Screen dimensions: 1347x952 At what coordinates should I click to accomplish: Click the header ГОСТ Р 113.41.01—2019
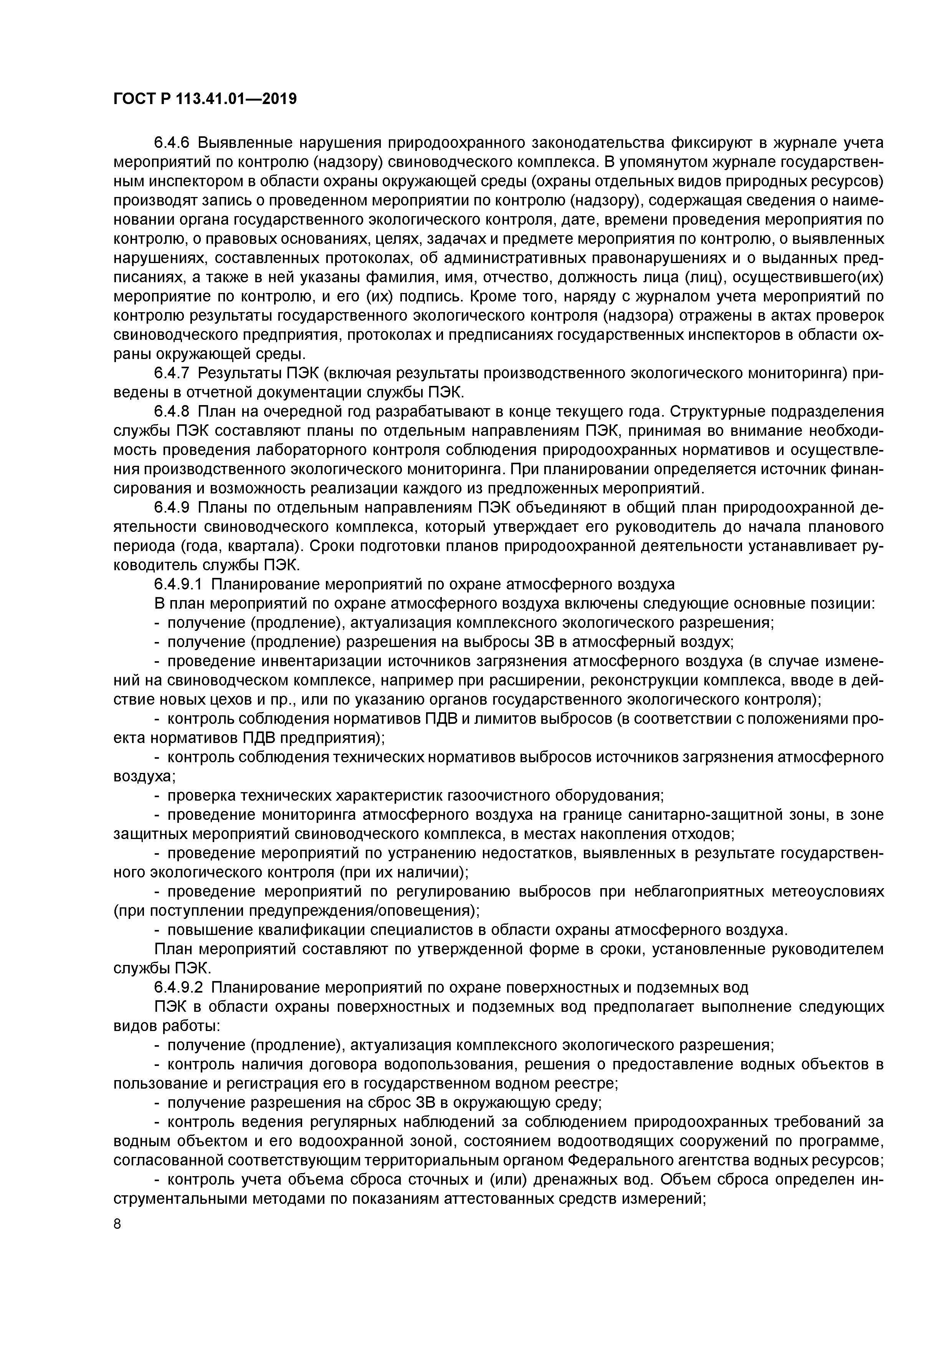tap(205, 99)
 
